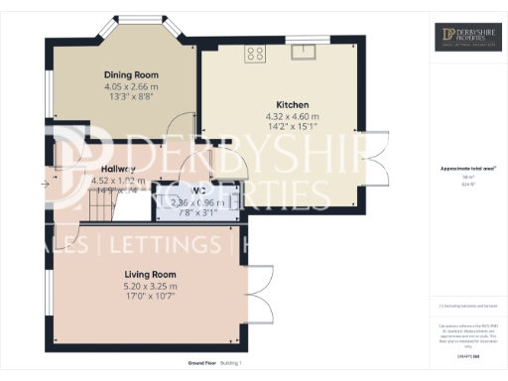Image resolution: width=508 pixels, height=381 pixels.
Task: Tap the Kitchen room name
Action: coord(293,104)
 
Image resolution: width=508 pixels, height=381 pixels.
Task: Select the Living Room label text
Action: coord(149,273)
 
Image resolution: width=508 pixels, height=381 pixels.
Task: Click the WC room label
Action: coord(198,190)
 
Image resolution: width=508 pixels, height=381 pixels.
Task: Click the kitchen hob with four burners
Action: coord(256,54)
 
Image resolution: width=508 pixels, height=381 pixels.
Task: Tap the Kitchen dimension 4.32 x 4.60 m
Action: coord(293,116)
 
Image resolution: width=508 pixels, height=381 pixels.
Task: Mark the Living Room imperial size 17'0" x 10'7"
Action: coord(149,295)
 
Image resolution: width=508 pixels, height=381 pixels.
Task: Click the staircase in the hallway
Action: coord(99,205)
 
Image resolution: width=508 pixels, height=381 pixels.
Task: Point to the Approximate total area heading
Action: coord(467,169)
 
